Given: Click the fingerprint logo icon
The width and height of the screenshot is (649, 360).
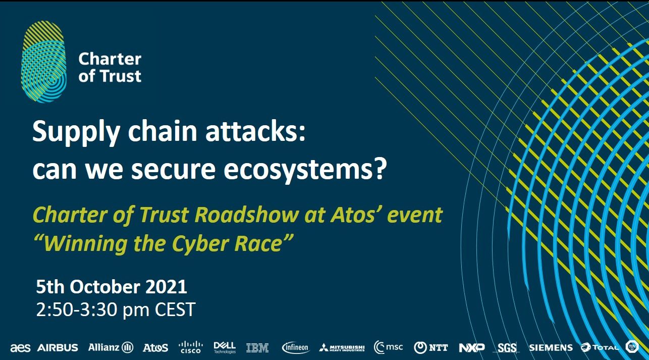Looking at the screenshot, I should pos(43,62).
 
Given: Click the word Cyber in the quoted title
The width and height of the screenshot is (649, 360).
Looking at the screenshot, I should pos(198,244).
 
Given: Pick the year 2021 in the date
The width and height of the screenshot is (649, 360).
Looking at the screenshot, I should pos(166,287).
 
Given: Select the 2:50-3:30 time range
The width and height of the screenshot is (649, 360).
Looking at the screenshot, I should pos(76,310).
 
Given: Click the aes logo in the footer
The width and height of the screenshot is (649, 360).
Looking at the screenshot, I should pos(20,347).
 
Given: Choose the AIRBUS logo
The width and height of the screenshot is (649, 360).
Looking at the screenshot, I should pos(58,347).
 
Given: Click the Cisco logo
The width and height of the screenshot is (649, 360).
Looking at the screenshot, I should pos(191,347).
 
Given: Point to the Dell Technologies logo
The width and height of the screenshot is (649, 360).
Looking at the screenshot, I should pos(225,347).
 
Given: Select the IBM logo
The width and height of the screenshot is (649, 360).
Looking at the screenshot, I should pos(257,347).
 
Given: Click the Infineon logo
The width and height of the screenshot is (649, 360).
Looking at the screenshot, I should pos(295,347).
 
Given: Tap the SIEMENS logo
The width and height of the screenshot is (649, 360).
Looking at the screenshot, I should pos(551,347).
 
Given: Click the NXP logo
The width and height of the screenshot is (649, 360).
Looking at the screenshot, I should pos(471,347).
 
